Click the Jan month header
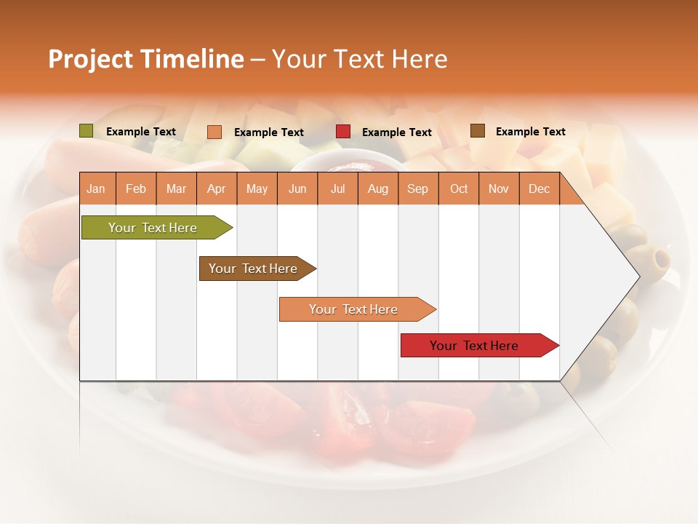point(96,189)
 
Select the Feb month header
point(136,189)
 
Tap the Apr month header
point(217,189)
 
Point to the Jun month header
point(297,189)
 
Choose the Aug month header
point(378,189)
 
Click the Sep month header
point(418,189)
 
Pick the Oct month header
point(459,189)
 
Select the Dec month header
point(539,189)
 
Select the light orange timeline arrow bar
point(354,309)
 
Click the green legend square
point(86,131)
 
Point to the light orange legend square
point(214,132)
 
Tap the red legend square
point(343,132)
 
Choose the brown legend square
point(478,131)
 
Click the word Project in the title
point(90,59)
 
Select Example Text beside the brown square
point(531,132)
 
